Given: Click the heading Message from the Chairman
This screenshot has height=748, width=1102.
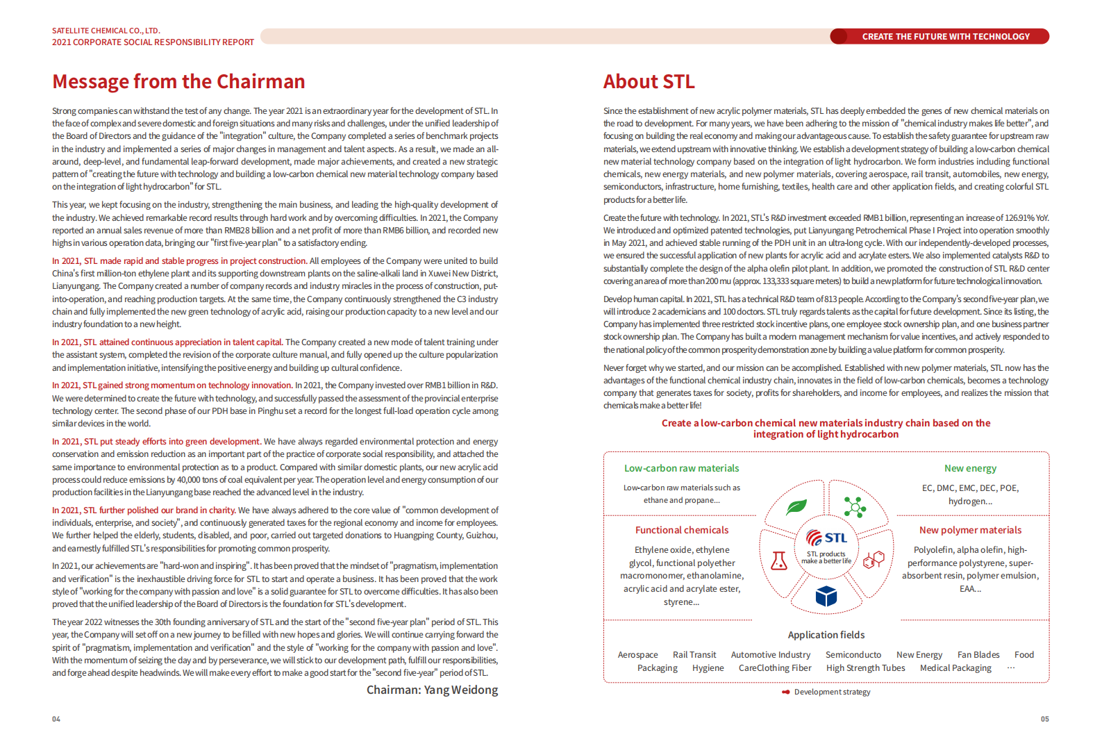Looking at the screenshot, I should [178, 82].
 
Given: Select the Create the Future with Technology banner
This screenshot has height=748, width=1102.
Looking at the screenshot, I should [945, 37].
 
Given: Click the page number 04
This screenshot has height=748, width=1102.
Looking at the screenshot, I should [56, 719].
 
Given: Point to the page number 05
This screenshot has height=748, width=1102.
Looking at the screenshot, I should [1044, 719].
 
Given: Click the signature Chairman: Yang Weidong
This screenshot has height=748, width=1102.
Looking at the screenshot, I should [432, 690].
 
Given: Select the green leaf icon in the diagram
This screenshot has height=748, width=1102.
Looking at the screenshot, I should [796, 507].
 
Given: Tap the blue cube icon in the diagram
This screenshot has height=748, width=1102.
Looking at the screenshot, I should [826, 596].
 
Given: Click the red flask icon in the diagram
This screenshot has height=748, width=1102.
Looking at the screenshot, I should [779, 560].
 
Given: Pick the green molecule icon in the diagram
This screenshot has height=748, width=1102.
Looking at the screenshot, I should [854, 507].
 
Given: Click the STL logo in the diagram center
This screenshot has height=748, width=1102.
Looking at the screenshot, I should [826, 538].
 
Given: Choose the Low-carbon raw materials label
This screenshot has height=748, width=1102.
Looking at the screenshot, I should [681, 469].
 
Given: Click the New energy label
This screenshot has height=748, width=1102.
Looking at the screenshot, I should [970, 469].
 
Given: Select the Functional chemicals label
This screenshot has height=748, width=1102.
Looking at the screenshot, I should [682, 530].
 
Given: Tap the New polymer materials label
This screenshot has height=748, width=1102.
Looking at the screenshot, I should [970, 530].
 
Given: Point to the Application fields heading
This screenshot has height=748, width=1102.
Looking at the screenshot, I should [826, 635].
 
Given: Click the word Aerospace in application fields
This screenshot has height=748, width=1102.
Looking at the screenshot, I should [637, 655].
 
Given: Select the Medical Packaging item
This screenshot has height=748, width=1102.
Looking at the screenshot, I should [955, 668].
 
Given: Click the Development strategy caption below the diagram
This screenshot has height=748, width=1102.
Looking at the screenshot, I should [832, 692].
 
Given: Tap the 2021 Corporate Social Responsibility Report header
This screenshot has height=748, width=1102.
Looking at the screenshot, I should [153, 42].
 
